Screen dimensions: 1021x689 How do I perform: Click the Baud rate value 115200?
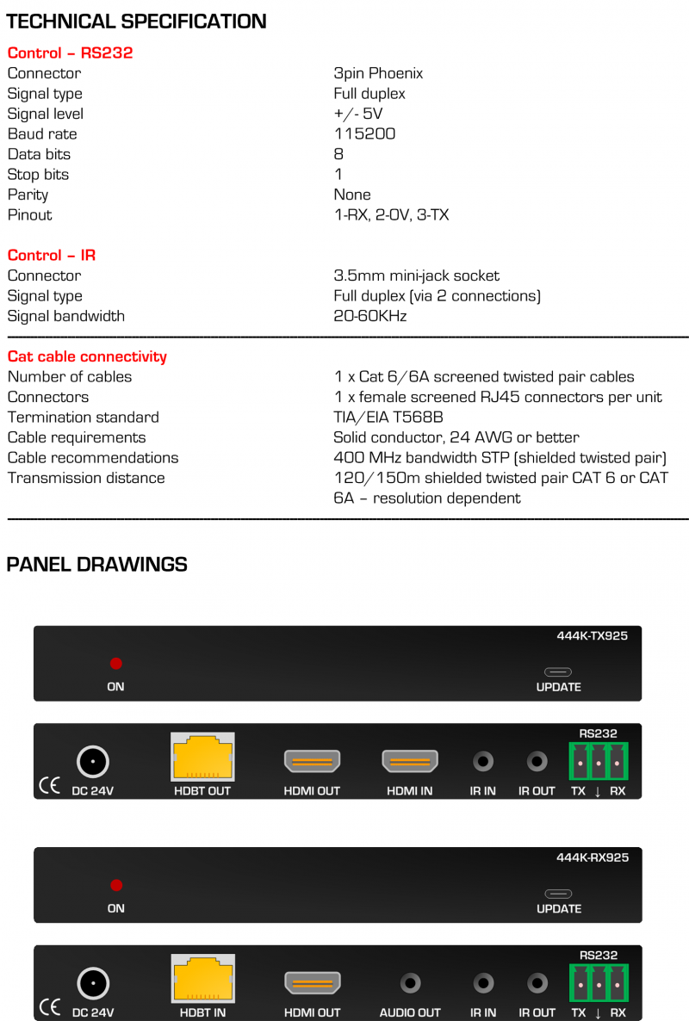pos(364,134)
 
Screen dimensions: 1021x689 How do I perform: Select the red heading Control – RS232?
pos(70,53)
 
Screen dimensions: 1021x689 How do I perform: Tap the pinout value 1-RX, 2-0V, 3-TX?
pos(391,215)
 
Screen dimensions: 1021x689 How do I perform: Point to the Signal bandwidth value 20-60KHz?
pos(369,316)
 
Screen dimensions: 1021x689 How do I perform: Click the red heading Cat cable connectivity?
pos(87,356)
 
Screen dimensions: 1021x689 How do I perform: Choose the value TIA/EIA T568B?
pos(388,418)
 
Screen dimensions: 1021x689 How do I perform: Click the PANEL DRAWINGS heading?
pos(96,565)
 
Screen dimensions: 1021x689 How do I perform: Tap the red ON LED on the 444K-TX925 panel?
pos(116,664)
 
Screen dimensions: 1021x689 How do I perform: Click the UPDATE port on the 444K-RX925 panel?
pos(558,894)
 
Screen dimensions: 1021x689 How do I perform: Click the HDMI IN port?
pos(410,761)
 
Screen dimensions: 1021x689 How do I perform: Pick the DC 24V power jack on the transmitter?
pos(92,762)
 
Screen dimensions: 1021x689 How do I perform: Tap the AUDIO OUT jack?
pos(410,982)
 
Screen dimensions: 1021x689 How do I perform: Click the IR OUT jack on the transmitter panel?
pos(537,762)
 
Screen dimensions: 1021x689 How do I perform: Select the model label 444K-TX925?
pos(593,637)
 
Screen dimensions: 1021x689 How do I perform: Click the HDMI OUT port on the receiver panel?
pos(312,982)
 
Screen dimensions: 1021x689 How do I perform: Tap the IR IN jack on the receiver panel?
pos(483,982)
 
